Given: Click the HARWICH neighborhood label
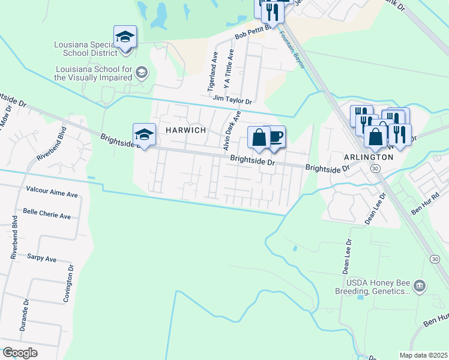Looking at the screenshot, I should tap(182, 130).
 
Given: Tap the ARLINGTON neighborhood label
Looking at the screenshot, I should tap(369, 157).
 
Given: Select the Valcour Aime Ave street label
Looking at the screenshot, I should tap(52, 194).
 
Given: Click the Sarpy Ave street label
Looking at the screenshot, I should tap(41, 259).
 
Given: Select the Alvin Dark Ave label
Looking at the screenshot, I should tap(232, 130).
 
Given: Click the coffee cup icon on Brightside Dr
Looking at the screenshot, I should tap(275, 137).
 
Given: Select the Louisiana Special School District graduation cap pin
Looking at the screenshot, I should tap(125, 37).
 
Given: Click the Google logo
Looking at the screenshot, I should tap(20, 352).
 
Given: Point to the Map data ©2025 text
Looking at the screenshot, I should tap(424, 355).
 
